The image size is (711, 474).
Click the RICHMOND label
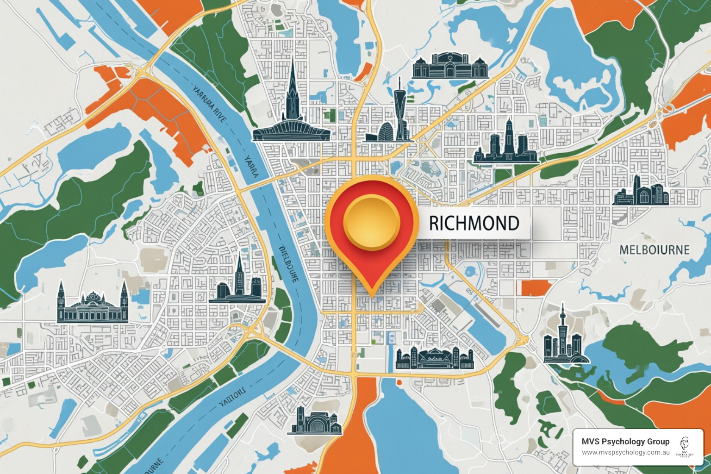pos(474,223)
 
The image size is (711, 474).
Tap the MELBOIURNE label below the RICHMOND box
pos(654,250)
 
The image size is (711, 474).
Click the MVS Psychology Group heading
pos(625,442)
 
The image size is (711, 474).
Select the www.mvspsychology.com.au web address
pos(625,452)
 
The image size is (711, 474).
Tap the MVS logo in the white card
pos(686,447)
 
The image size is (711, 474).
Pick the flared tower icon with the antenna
pos(399,111)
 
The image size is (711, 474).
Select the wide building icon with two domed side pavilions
pos(449,66)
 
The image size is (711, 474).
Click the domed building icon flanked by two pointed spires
pos(93,303)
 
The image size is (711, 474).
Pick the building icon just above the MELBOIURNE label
pos(641,191)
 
